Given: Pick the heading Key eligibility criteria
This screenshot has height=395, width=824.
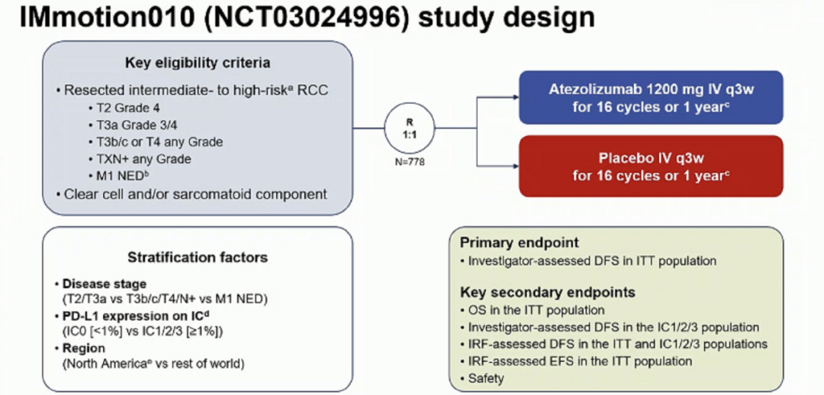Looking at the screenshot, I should point(198,63).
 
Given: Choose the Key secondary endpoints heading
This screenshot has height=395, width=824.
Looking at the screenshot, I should point(547,293).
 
